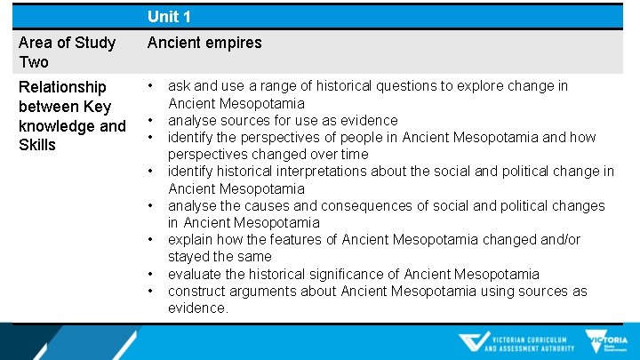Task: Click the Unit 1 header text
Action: tap(169, 16)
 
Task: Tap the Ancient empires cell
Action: tap(204, 43)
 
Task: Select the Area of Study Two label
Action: tap(67, 52)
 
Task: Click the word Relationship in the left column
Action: tap(62, 87)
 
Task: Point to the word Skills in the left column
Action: tap(37, 145)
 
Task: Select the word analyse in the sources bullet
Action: tap(192, 121)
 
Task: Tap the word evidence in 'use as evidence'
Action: tap(368, 121)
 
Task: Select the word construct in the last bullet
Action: tap(196, 292)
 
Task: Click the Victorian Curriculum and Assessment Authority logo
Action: tap(516, 343)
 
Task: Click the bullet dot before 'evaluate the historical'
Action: tap(152, 275)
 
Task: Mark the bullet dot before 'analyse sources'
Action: tap(152, 121)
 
